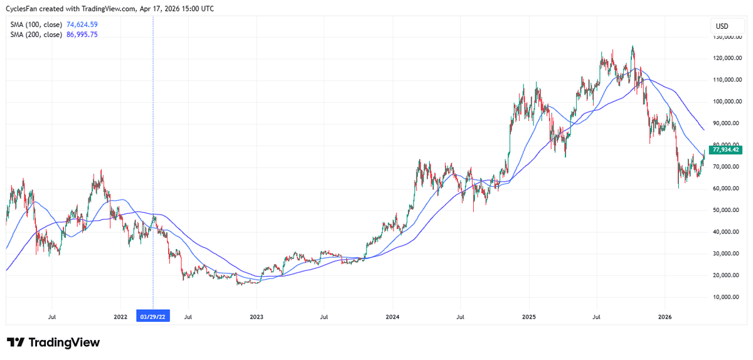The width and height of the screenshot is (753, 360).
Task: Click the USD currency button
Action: [x=722, y=26]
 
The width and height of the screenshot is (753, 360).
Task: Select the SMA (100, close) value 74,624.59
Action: [x=82, y=24]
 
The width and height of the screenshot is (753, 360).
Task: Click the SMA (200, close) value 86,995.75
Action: [x=82, y=34]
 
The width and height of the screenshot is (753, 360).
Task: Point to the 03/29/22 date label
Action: [x=153, y=317]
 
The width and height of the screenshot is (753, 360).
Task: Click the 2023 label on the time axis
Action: [x=256, y=317]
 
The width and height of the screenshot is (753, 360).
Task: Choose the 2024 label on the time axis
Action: [x=392, y=317]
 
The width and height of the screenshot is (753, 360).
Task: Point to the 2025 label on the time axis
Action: [x=528, y=317]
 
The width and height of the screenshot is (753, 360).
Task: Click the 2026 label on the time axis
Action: [x=665, y=317]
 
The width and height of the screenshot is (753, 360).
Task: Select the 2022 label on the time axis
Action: [x=120, y=317]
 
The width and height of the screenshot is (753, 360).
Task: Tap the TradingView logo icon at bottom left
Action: [x=16, y=342]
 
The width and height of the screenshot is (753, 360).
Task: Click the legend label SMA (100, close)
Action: [x=36, y=24]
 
